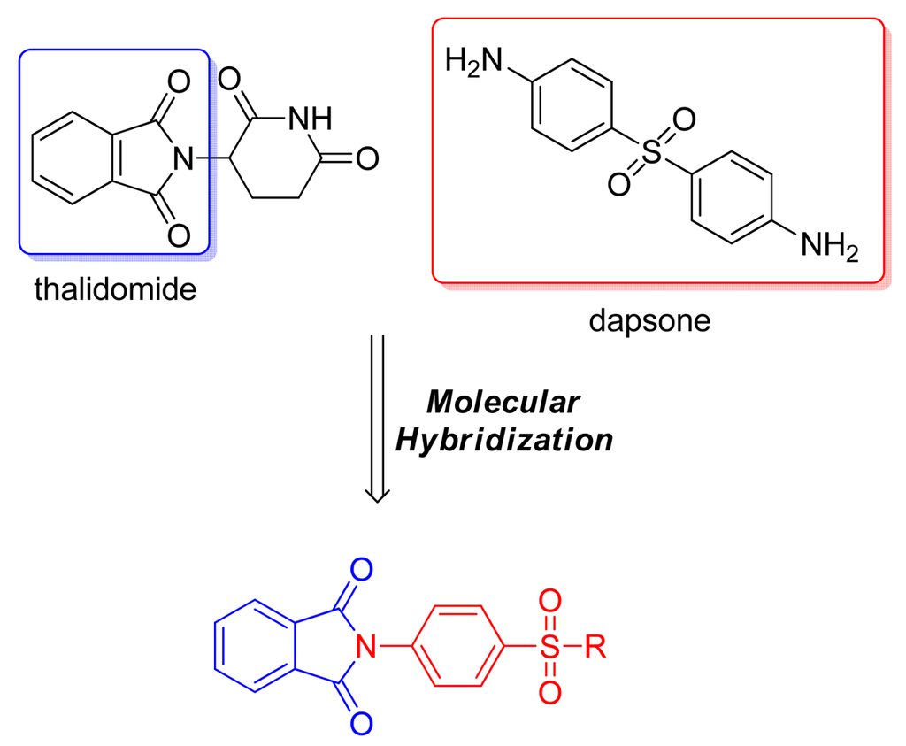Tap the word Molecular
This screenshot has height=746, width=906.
(x=503, y=403)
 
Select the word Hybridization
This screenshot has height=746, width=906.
(x=503, y=440)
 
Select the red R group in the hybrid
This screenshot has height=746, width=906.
(x=595, y=650)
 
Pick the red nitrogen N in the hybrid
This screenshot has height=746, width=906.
(x=364, y=650)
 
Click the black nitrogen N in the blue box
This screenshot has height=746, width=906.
(x=183, y=159)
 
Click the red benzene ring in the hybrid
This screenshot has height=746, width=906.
(x=457, y=650)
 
